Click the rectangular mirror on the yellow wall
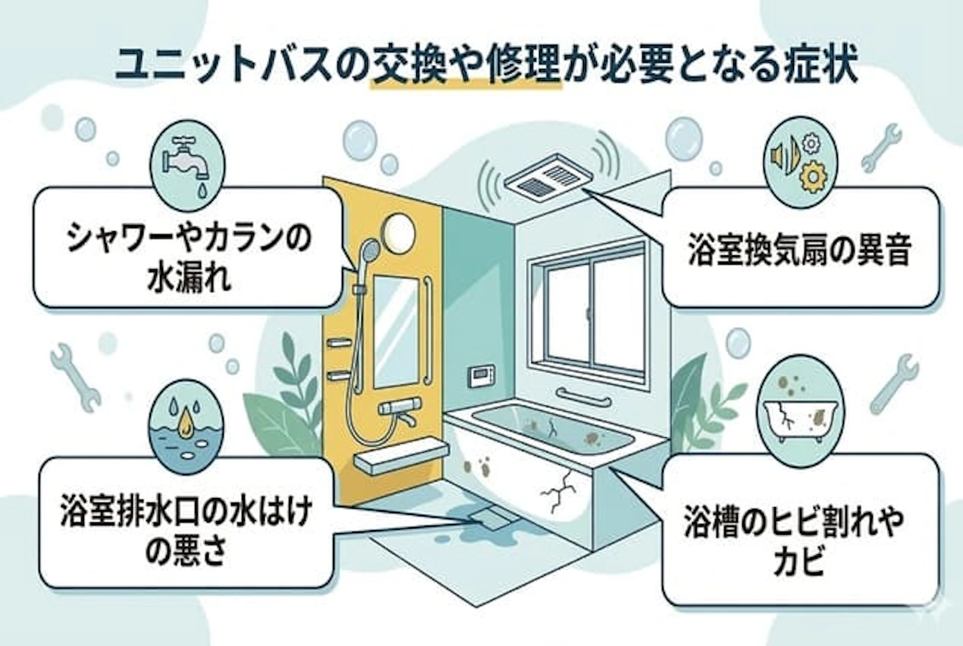[x=396, y=331]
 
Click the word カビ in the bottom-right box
[x=799, y=561]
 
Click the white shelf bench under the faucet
[x=401, y=454]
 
